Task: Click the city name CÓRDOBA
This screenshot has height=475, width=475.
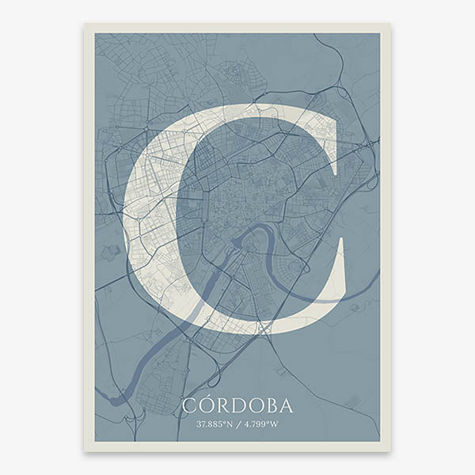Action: (x=237, y=406)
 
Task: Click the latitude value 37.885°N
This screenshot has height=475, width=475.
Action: (x=215, y=424)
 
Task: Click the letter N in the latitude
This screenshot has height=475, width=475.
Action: (x=229, y=424)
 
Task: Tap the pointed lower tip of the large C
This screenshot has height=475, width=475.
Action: (x=344, y=237)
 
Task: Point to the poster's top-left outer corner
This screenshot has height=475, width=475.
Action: (x=85, y=24)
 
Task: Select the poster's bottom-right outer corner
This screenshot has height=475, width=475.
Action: (x=390, y=451)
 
